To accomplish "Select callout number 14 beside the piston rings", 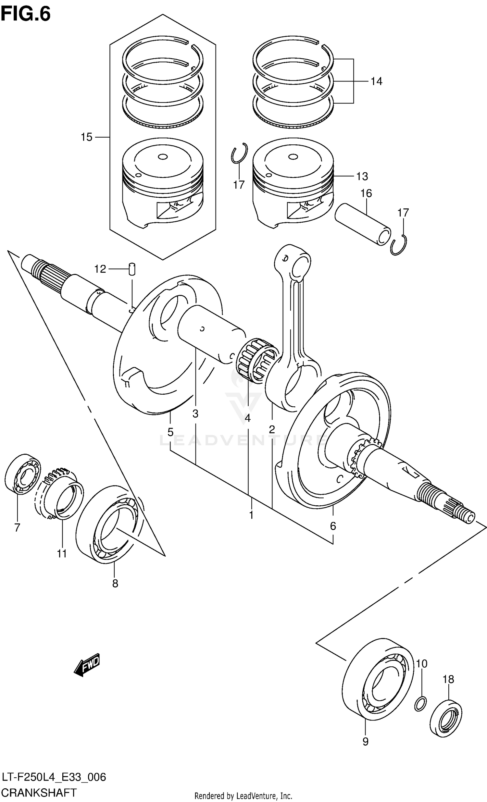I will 376,81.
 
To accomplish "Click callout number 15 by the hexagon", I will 87,137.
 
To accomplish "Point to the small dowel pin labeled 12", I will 132,269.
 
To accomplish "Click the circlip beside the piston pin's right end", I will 399,245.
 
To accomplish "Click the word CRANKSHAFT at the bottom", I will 39,792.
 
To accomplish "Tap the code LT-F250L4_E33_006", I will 53,777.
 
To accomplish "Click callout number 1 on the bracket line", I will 251,515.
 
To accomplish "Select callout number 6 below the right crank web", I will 333,526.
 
